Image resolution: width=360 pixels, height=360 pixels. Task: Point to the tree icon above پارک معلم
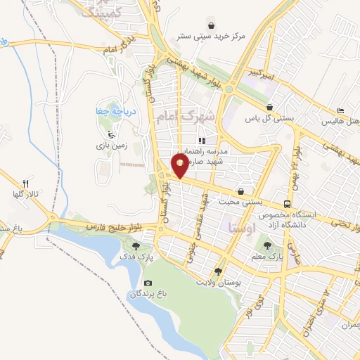[267, 245]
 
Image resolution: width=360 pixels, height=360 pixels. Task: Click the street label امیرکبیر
[257, 72]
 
